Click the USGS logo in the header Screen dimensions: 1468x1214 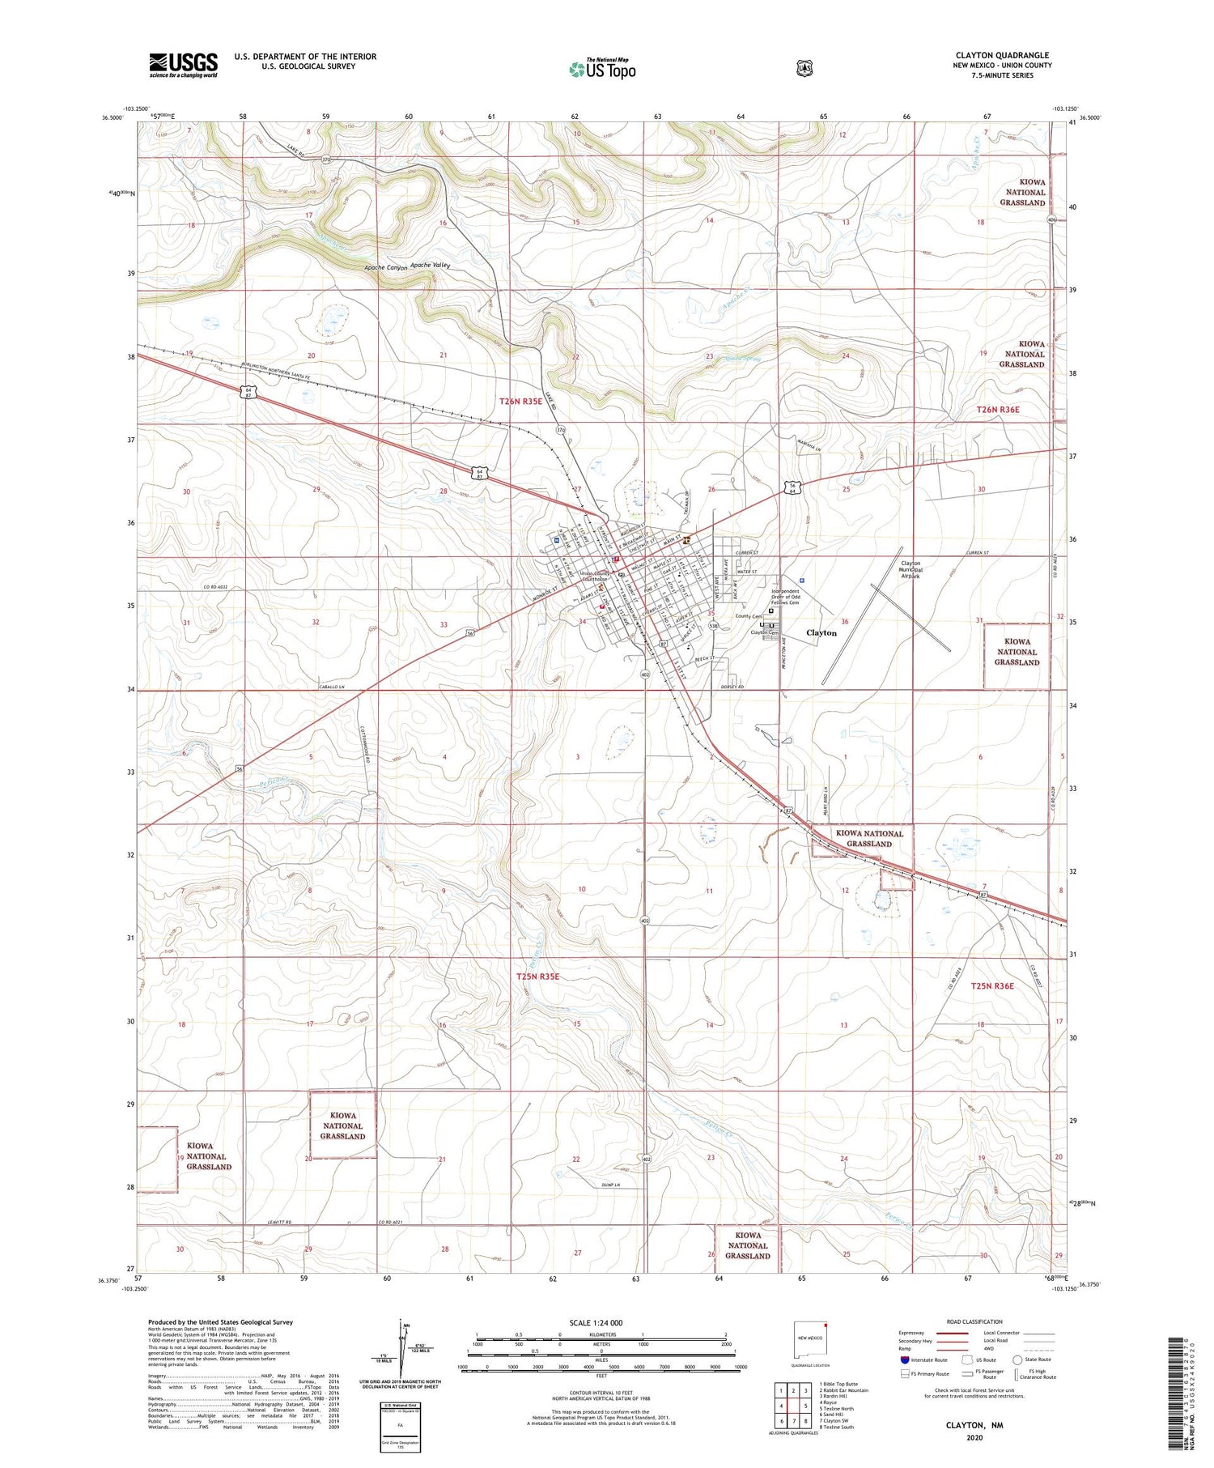[183, 65]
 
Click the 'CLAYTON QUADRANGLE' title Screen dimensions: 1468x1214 [1002, 55]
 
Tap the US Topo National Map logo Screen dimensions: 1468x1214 [602, 69]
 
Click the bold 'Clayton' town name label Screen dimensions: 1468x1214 [821, 633]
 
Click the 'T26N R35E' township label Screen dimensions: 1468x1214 [520, 402]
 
